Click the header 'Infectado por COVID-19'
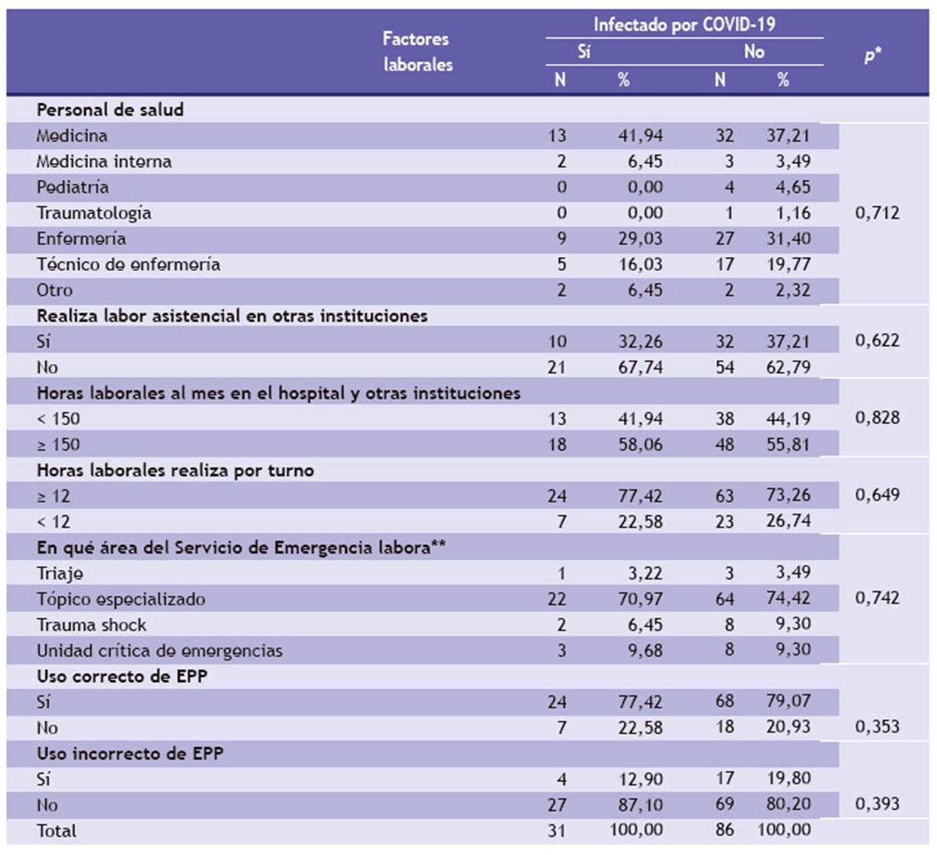pyautogui.click(x=684, y=25)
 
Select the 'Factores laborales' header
pyautogui.click(x=418, y=52)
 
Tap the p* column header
pyautogui.click(x=873, y=55)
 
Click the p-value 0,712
pyautogui.click(x=878, y=213)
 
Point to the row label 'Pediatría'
pyautogui.click(x=73, y=188)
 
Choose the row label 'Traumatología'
pyautogui.click(x=94, y=213)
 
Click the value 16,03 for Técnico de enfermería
pyautogui.click(x=640, y=264)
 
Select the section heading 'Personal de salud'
pyautogui.click(x=110, y=110)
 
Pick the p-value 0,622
pyautogui.click(x=878, y=341)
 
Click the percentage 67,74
pyautogui.click(x=640, y=367)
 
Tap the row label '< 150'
pyautogui.click(x=59, y=419)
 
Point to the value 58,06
pyautogui.click(x=640, y=444)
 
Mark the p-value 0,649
pyautogui.click(x=878, y=495)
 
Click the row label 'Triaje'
pyautogui.click(x=60, y=574)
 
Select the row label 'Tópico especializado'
pyautogui.click(x=121, y=599)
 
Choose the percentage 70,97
pyautogui.click(x=640, y=599)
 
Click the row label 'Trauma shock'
pyautogui.click(x=92, y=625)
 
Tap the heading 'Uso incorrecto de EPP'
pyautogui.click(x=131, y=753)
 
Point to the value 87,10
pyautogui.click(x=640, y=805)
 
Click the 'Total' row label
pyautogui.click(x=56, y=830)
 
